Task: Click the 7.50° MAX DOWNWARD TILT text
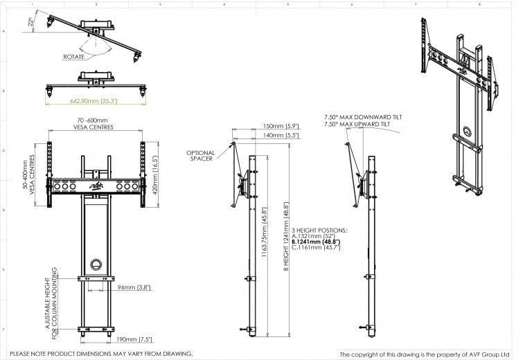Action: pyautogui.click(x=362, y=118)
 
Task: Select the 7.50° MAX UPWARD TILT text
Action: pyautogui.click(x=357, y=126)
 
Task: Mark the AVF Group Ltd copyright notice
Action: pyautogui.click(x=424, y=354)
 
